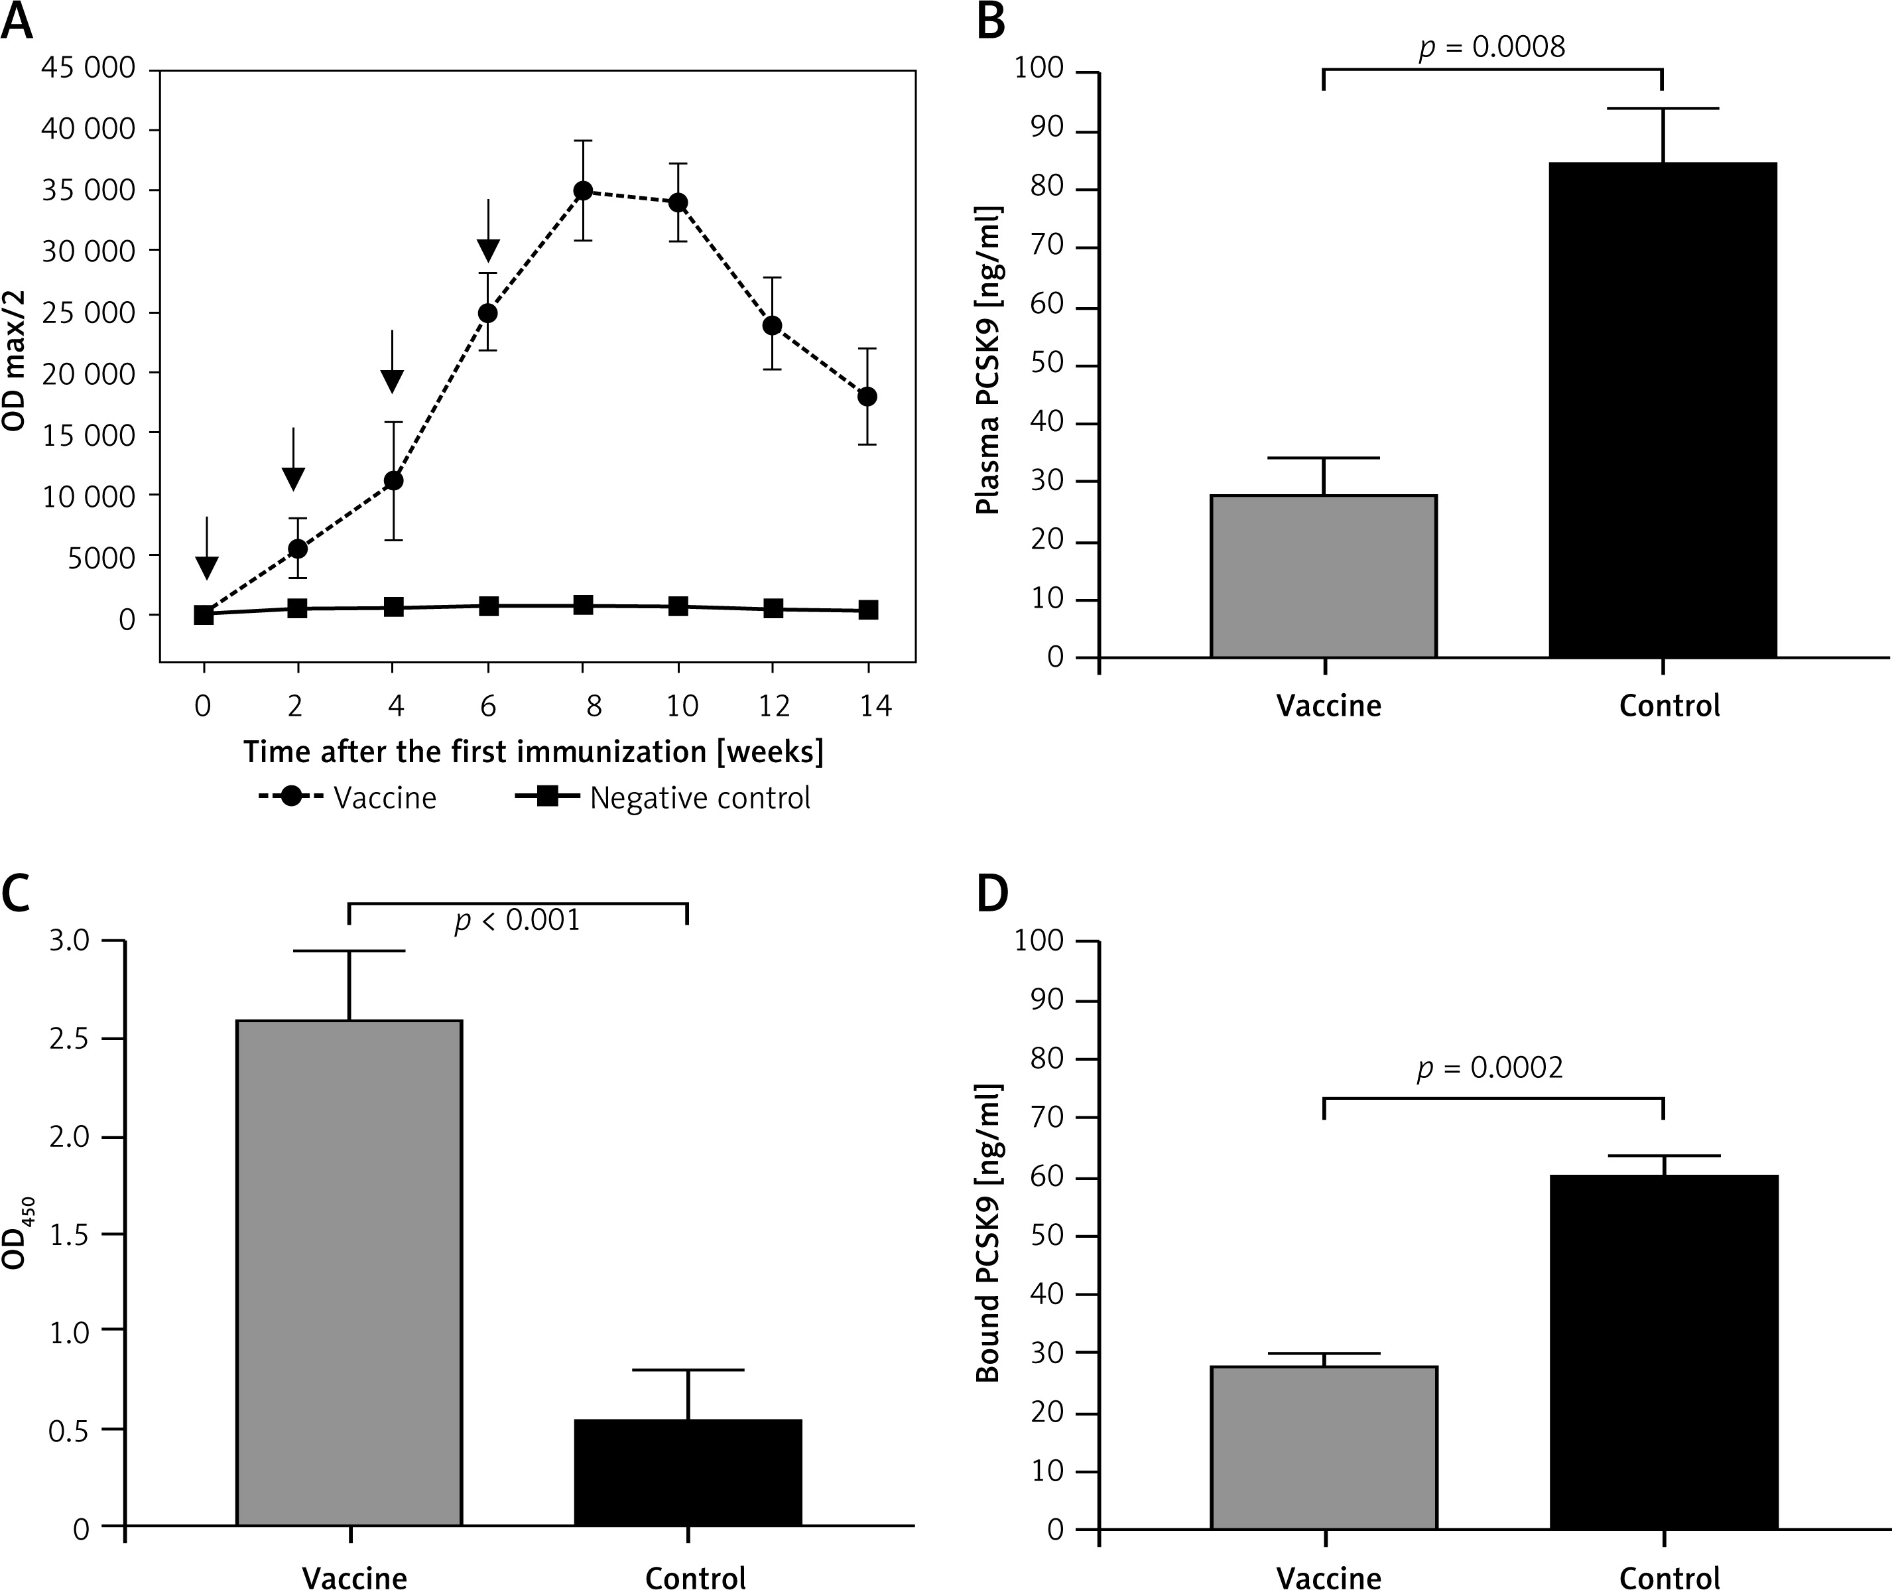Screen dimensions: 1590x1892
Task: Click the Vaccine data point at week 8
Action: click(x=584, y=191)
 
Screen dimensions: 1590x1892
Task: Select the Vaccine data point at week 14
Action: click(x=867, y=397)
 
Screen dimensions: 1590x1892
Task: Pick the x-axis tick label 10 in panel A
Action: click(x=682, y=706)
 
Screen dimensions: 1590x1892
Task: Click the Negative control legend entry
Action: click(x=662, y=798)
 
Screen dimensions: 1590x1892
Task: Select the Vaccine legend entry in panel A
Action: click(x=347, y=798)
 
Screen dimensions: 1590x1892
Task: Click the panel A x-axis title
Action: click(x=533, y=752)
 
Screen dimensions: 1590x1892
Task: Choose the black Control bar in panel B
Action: click(x=1663, y=410)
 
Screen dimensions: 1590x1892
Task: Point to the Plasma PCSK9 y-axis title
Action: click(x=988, y=361)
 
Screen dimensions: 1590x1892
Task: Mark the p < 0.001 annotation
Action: click(x=517, y=920)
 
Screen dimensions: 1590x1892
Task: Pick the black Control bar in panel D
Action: click(x=1664, y=1352)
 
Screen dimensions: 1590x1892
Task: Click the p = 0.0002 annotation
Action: click(x=1490, y=1068)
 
